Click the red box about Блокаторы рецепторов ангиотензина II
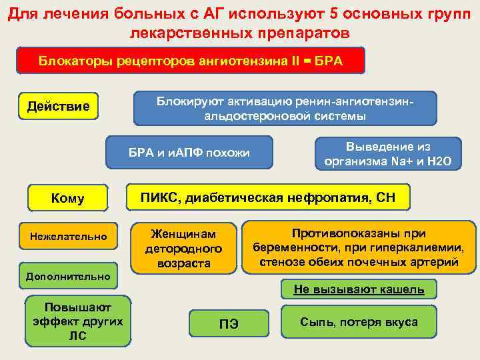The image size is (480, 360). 190,61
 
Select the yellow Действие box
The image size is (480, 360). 58,107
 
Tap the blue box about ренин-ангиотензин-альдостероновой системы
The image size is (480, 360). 285,109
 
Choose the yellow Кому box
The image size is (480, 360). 67,198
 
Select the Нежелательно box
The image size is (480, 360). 68,235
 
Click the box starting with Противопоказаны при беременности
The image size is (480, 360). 359,247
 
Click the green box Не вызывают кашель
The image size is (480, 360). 359,289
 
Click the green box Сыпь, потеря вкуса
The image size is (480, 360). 359,322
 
